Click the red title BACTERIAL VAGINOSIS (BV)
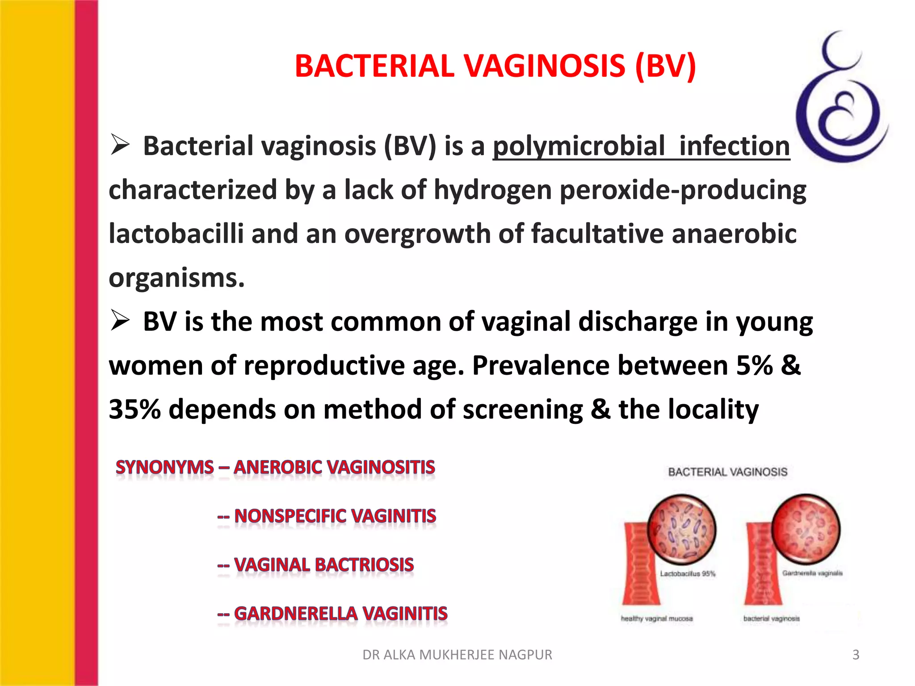coord(495,66)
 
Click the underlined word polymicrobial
coord(579,146)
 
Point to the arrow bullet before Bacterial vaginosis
coord(120,145)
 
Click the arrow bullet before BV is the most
coord(120,321)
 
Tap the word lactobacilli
coord(176,234)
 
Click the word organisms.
coord(176,278)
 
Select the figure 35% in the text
coord(134,409)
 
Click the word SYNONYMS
coord(164,467)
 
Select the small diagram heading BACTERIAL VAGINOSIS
coord(727,472)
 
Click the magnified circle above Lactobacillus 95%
coord(681,529)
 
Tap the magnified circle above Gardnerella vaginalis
coord(806,528)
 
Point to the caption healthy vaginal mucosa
coord(656,619)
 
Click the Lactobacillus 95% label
coord(688,574)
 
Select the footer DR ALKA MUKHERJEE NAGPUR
coord(457,655)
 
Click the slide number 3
coord(856,655)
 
